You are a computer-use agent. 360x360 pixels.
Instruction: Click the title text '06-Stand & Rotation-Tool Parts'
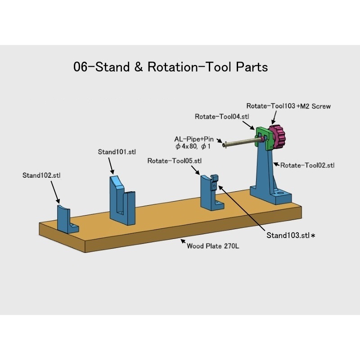pos(171,67)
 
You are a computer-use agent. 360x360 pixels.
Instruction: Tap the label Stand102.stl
pos(41,175)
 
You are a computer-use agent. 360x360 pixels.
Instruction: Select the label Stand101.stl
pos(117,152)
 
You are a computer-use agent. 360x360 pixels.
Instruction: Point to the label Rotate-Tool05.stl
pos(175,161)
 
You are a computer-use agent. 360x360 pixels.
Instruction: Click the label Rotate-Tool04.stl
pos(222,117)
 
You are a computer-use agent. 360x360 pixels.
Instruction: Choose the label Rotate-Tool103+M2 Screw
pos(288,106)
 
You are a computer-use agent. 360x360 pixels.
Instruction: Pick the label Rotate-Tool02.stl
pos(308,165)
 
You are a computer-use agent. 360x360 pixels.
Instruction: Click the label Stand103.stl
pos(288,235)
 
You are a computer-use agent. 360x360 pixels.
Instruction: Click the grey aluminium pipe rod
pos(243,143)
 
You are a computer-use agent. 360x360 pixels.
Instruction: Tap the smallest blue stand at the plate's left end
pos(63,217)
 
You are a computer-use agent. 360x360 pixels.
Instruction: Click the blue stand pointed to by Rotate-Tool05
pos(210,193)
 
